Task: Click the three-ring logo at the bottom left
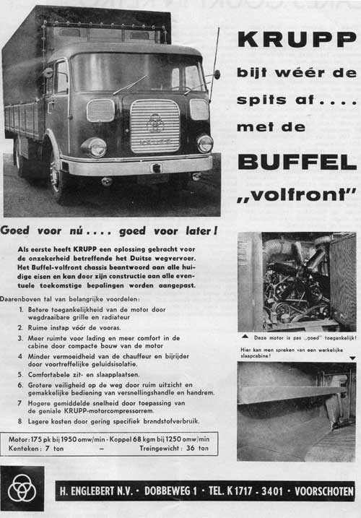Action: click(x=22, y=489)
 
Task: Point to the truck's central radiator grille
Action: click(x=155, y=125)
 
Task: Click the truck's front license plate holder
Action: click(x=155, y=168)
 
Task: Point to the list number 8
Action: click(x=22, y=420)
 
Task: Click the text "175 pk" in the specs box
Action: click(x=44, y=439)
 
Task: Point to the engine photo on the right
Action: click(x=296, y=281)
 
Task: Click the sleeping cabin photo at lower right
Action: click(x=296, y=411)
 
